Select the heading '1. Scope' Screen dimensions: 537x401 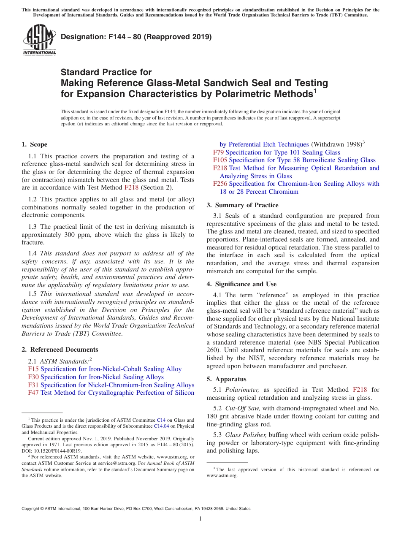tap(35, 144)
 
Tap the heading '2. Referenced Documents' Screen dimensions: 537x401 tap(60, 350)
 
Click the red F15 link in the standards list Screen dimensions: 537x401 tap(33, 369)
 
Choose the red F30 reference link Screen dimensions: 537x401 tap(33, 377)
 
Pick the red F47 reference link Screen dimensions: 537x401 tap(33, 393)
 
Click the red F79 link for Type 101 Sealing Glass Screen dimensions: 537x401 tap(218, 152)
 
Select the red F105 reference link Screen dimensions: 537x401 tap(220, 160)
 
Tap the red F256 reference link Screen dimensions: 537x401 tap(220, 184)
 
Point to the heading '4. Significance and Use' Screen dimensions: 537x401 tap(241, 284)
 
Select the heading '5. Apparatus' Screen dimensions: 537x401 tap(226, 379)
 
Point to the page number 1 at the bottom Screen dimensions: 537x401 tap(200, 518)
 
